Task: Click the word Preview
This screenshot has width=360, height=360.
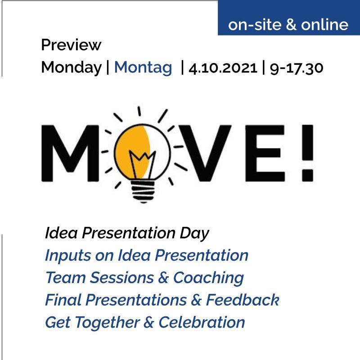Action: pos(71,45)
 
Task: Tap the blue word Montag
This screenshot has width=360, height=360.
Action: pos(143,68)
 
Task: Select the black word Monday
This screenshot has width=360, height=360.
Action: pos(71,68)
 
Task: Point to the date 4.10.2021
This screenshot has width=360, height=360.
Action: pos(222,68)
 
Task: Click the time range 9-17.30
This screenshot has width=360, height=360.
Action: pos(297,68)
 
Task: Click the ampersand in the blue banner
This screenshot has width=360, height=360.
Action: pos(291,25)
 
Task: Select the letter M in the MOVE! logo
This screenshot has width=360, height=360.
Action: pos(70,153)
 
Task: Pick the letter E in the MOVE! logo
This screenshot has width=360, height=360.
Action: pos(265,153)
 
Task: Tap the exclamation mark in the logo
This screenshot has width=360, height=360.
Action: pos(307,153)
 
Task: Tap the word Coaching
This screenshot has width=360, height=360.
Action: pos(208,278)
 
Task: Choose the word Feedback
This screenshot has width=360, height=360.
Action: pos(243,300)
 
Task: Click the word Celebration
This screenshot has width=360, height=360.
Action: pos(202,322)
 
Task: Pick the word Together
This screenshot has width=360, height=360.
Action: pos(108,323)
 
